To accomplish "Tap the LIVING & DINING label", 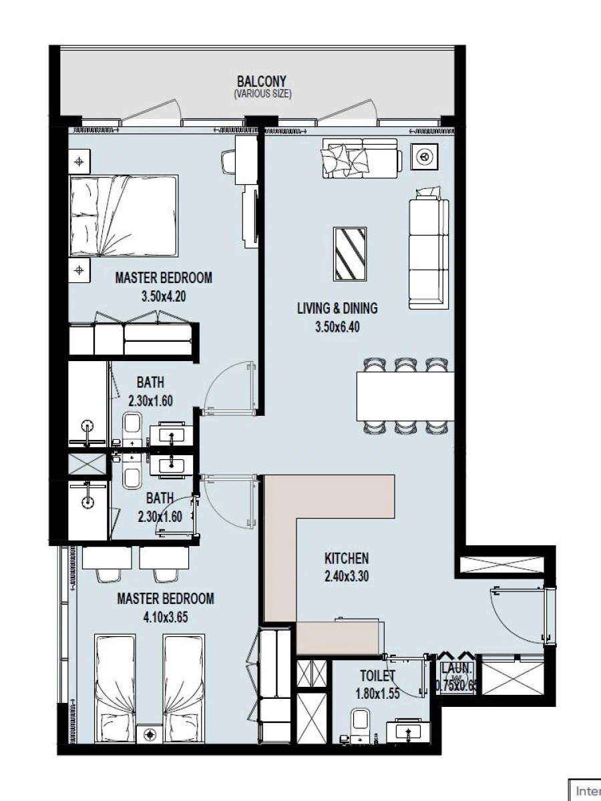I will (337, 308).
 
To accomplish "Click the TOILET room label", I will (377, 676).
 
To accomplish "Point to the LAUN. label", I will (457, 669).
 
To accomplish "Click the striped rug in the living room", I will (351, 254).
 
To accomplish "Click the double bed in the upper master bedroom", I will (124, 216).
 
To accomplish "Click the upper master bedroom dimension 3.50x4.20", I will (163, 297).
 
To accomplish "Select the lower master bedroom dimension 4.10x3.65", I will (165, 617).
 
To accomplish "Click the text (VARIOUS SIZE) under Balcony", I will (262, 95).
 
